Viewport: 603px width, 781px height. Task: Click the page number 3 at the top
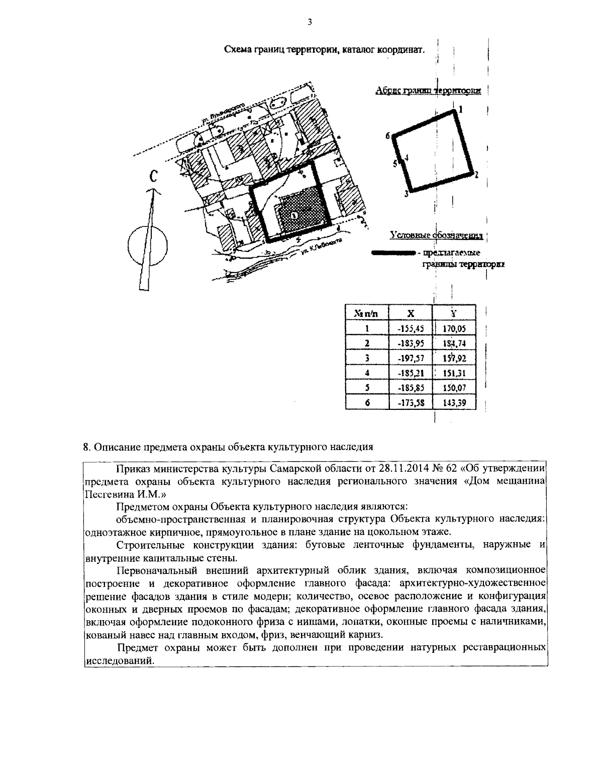coord(309,22)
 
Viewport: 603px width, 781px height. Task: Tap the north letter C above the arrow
coord(154,177)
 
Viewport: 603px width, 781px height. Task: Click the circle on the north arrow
coord(147,243)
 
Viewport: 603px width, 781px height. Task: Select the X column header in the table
coord(411,313)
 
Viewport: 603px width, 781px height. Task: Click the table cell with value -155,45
coord(411,328)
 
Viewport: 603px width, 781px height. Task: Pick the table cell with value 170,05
coord(454,328)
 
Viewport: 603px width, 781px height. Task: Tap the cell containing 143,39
coord(454,402)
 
